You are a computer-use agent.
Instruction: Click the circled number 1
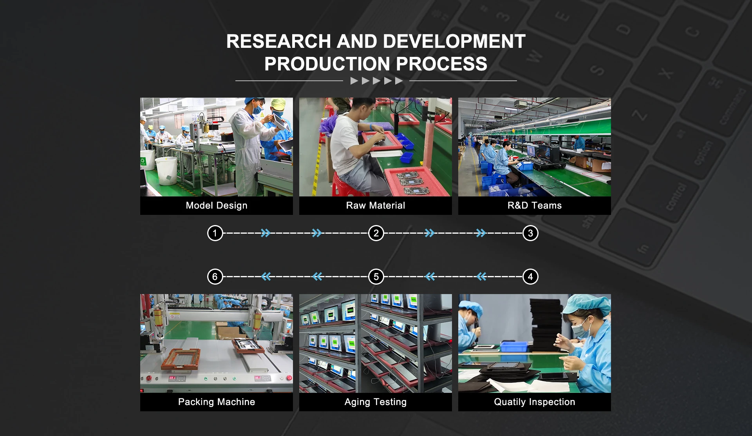point(215,233)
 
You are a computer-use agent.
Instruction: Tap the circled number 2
point(376,233)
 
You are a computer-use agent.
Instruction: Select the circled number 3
point(530,233)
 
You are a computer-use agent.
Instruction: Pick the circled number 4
point(530,277)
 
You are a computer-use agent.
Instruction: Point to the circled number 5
point(376,277)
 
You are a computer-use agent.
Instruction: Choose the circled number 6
point(215,277)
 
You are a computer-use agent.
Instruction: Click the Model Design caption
point(217,205)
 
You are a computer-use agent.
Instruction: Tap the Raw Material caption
point(376,205)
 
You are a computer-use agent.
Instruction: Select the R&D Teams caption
point(535,205)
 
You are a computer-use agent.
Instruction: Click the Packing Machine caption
point(217,402)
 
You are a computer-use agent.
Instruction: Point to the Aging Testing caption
point(376,402)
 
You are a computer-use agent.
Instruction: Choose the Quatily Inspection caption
point(535,402)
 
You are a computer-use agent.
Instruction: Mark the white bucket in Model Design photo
point(166,171)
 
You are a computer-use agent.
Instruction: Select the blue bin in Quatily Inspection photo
point(514,347)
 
